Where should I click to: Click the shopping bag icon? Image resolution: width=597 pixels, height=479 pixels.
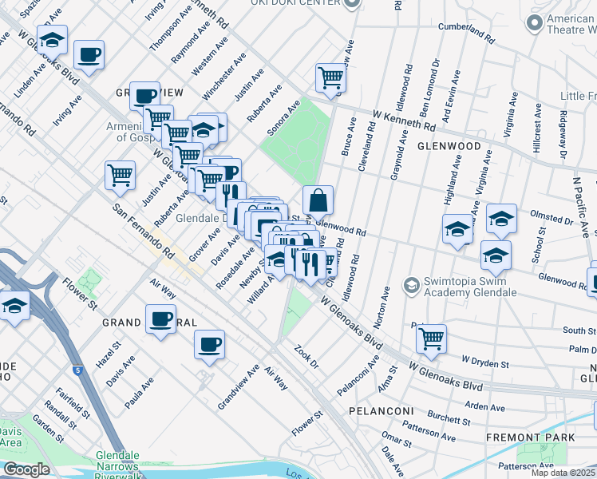coord(318,200)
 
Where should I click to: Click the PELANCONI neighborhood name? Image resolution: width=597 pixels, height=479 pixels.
coord(379,410)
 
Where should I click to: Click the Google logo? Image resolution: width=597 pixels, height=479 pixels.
coord(26,469)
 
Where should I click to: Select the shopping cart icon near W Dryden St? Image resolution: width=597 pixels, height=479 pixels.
coord(431,338)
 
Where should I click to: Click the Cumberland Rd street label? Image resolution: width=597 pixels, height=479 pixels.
coord(467,31)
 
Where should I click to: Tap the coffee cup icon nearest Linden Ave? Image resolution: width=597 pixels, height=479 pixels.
coord(89,56)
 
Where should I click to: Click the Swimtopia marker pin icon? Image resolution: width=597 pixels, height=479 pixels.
coord(411,285)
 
